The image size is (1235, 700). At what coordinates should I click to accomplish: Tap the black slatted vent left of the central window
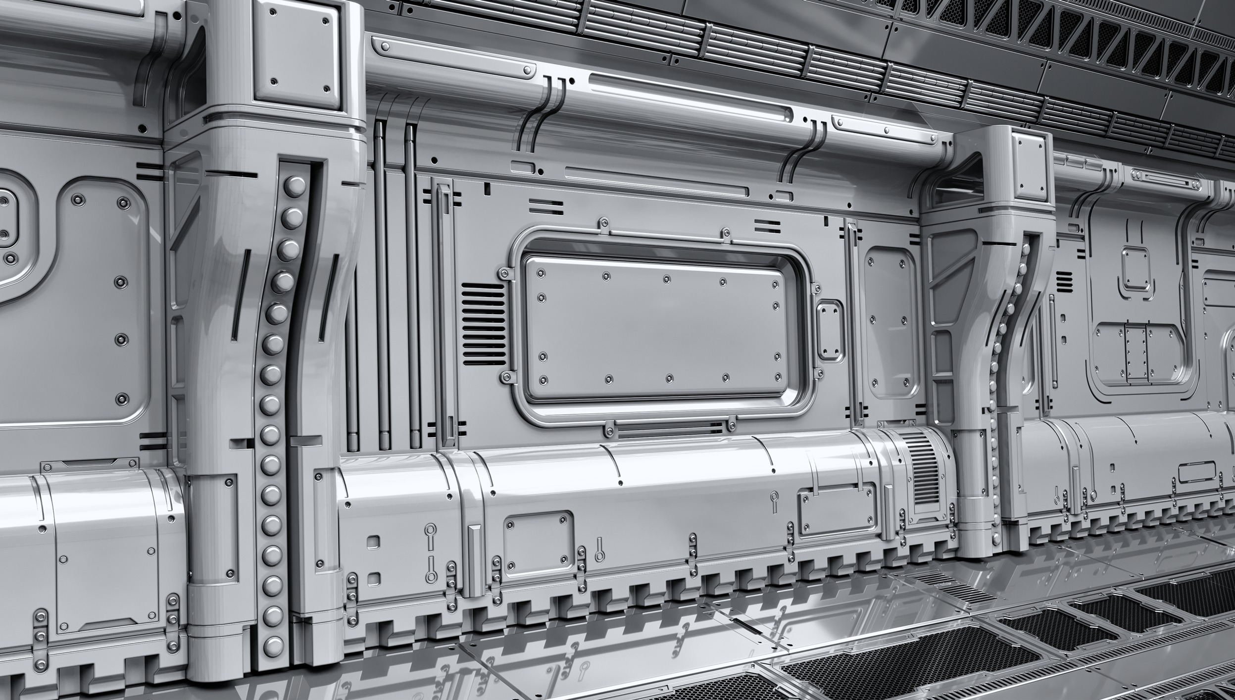point(483,324)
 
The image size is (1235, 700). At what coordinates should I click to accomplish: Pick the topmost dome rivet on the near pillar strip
point(295,187)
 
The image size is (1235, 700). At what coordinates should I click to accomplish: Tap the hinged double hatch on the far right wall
point(1136,352)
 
